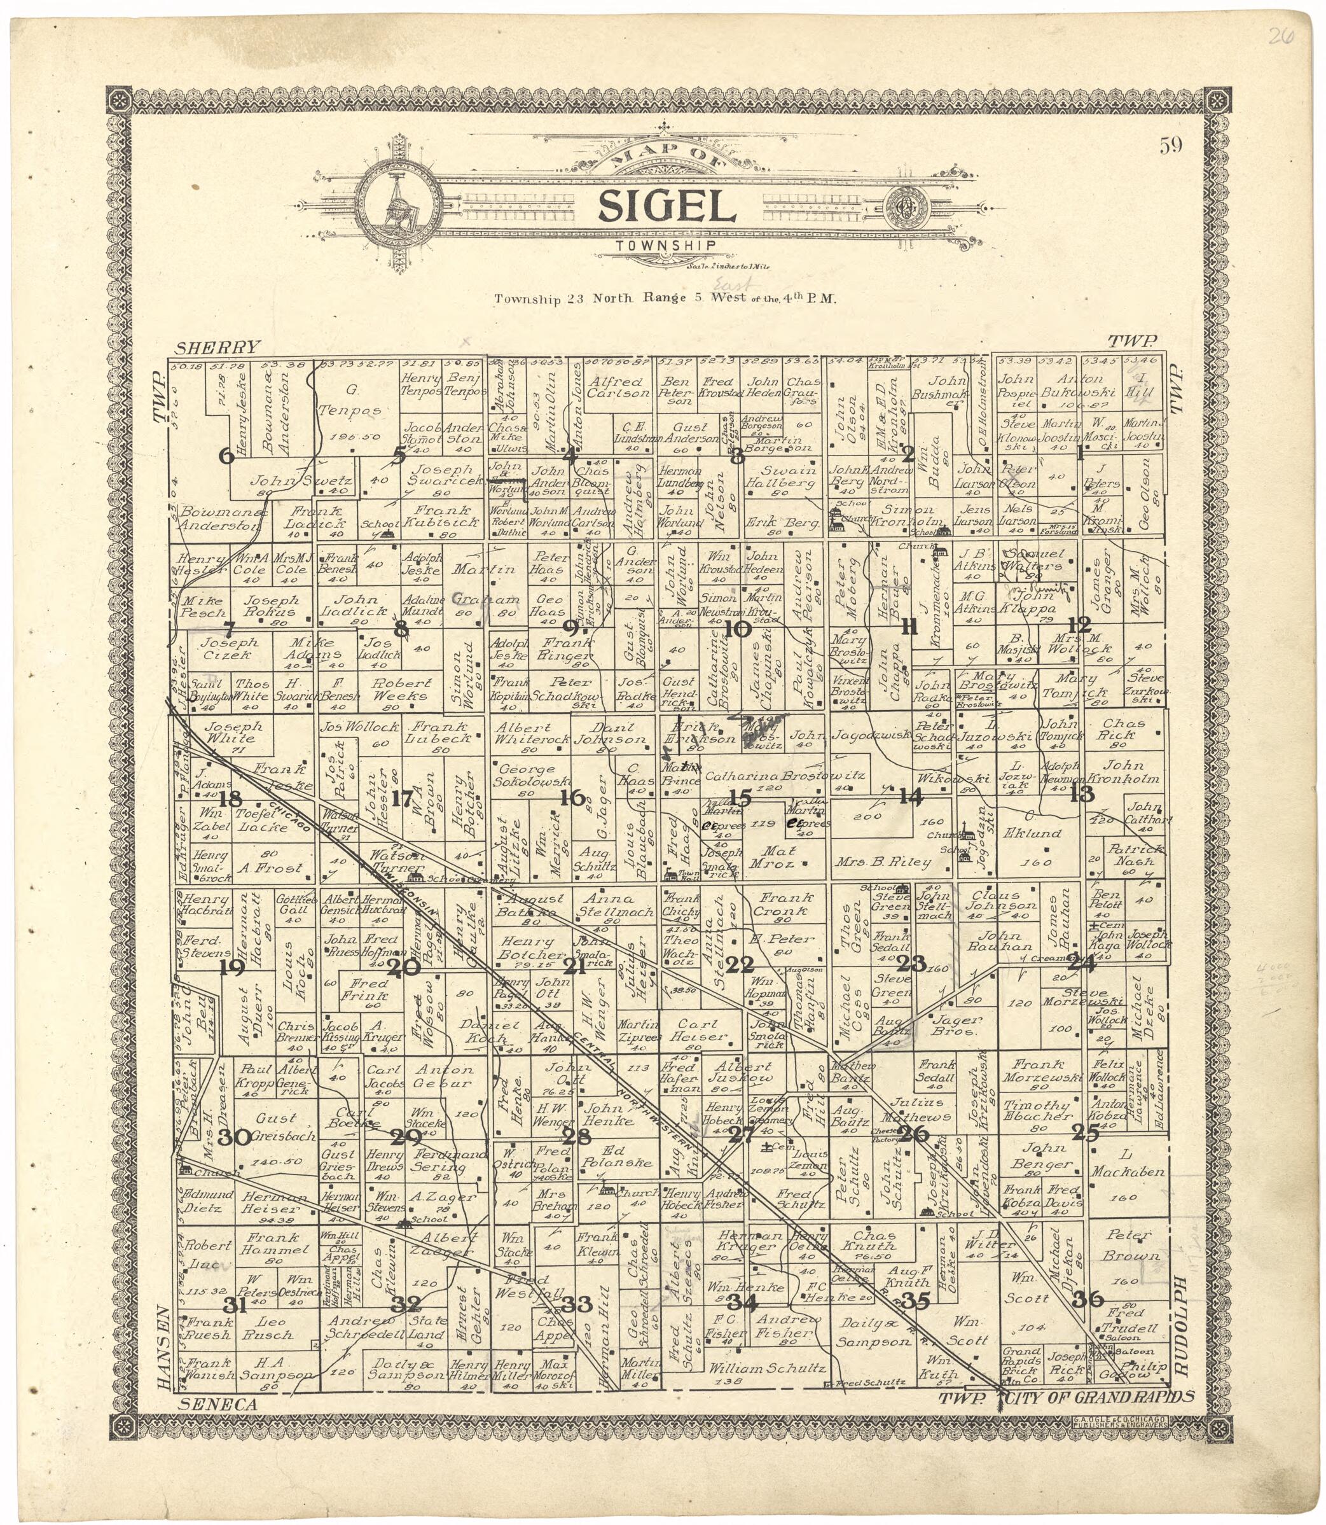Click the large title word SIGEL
pos(666,207)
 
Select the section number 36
pos(1087,1299)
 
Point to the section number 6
pos(226,457)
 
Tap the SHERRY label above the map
pos(218,347)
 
